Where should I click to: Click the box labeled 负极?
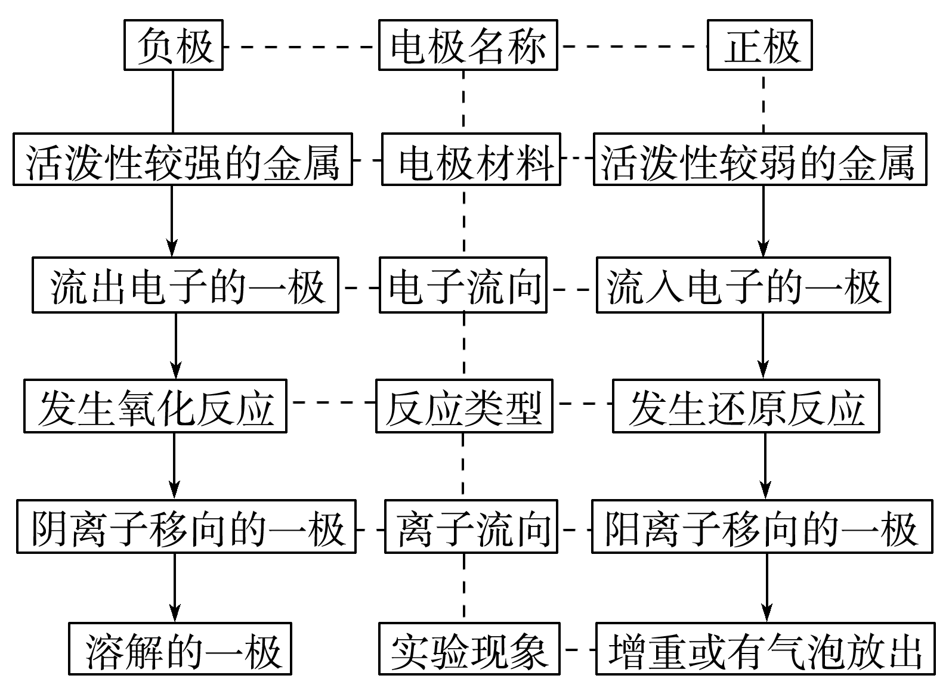coord(173,45)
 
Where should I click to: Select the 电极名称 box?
coord(468,45)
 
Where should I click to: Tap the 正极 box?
coord(760,45)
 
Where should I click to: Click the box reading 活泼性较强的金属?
coord(183,159)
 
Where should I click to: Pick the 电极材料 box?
coord(471,159)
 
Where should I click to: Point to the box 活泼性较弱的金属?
coord(760,159)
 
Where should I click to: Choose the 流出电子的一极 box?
coord(185,285)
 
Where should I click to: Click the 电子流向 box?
coord(463,285)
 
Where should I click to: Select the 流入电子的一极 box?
coord(743,285)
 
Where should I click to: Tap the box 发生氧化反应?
coord(155,406)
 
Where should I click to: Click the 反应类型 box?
coord(464,406)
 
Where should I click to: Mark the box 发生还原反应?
coord(746,406)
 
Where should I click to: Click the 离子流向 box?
coord(471,527)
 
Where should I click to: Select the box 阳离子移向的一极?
coord(762,527)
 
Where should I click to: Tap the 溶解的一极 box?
coord(180,649)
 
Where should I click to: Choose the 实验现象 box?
coord(469,649)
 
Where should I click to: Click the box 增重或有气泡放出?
coord(765,649)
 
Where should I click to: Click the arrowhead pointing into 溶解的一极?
coord(174,615)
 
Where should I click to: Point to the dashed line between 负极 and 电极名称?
coord(301,46)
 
